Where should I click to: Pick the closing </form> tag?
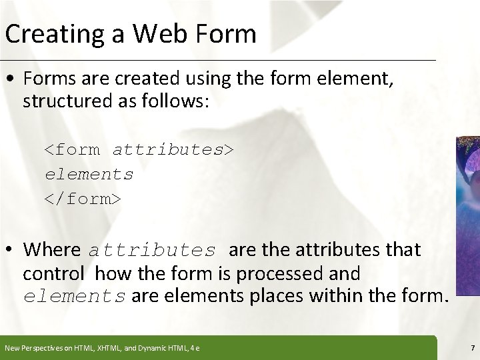[x=83, y=198]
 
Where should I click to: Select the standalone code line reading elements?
[x=89, y=174]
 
